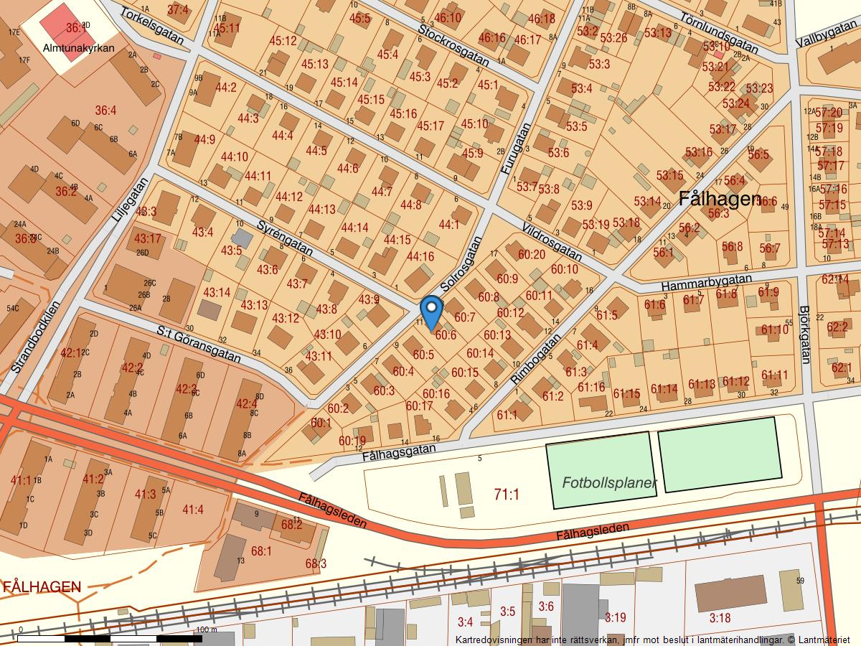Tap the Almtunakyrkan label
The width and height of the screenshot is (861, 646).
[79, 49]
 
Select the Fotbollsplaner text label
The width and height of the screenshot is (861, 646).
[609, 483]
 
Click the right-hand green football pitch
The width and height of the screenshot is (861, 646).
[720, 454]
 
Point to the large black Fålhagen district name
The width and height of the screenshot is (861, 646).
[719, 199]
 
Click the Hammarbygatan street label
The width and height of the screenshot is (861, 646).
[706, 281]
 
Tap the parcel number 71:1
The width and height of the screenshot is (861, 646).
[507, 494]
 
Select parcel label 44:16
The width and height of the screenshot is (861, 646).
[420, 256]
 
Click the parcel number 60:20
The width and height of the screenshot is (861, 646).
[532, 254]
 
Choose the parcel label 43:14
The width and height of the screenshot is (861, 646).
[217, 292]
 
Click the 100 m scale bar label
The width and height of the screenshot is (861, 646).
[206, 629]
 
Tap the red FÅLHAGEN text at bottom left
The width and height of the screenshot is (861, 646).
[42, 587]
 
